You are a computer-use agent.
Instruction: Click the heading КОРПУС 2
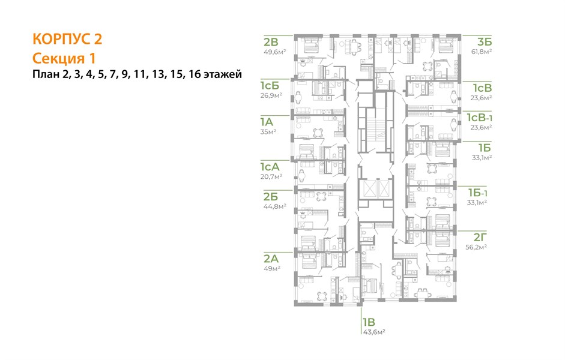pos(67,39)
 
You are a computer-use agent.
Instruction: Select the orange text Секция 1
pos(64,58)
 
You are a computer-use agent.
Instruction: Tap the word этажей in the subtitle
pos(222,74)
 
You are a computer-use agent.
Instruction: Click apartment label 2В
pos(271,42)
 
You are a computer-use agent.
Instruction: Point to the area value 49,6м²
pos(275,52)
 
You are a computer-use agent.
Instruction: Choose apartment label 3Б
pos(485,42)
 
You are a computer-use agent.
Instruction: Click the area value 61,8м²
pos(482,52)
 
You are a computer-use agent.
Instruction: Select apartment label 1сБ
pos(270,86)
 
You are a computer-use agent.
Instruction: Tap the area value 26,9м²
pos(271,95)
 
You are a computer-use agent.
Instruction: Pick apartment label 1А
pos(267,122)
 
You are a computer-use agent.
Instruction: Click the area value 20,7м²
pos(271,176)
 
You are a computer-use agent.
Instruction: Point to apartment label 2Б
pos(271,197)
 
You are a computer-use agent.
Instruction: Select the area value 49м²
pos(272,268)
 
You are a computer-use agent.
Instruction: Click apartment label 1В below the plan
pos(369,322)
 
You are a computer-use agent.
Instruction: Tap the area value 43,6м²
pos(374,332)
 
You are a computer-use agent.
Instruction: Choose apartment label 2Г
pos(480,237)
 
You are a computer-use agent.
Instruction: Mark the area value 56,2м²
pos(476,247)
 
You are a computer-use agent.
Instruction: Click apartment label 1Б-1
pos(478,193)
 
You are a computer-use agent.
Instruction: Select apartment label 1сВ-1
pos(480,118)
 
